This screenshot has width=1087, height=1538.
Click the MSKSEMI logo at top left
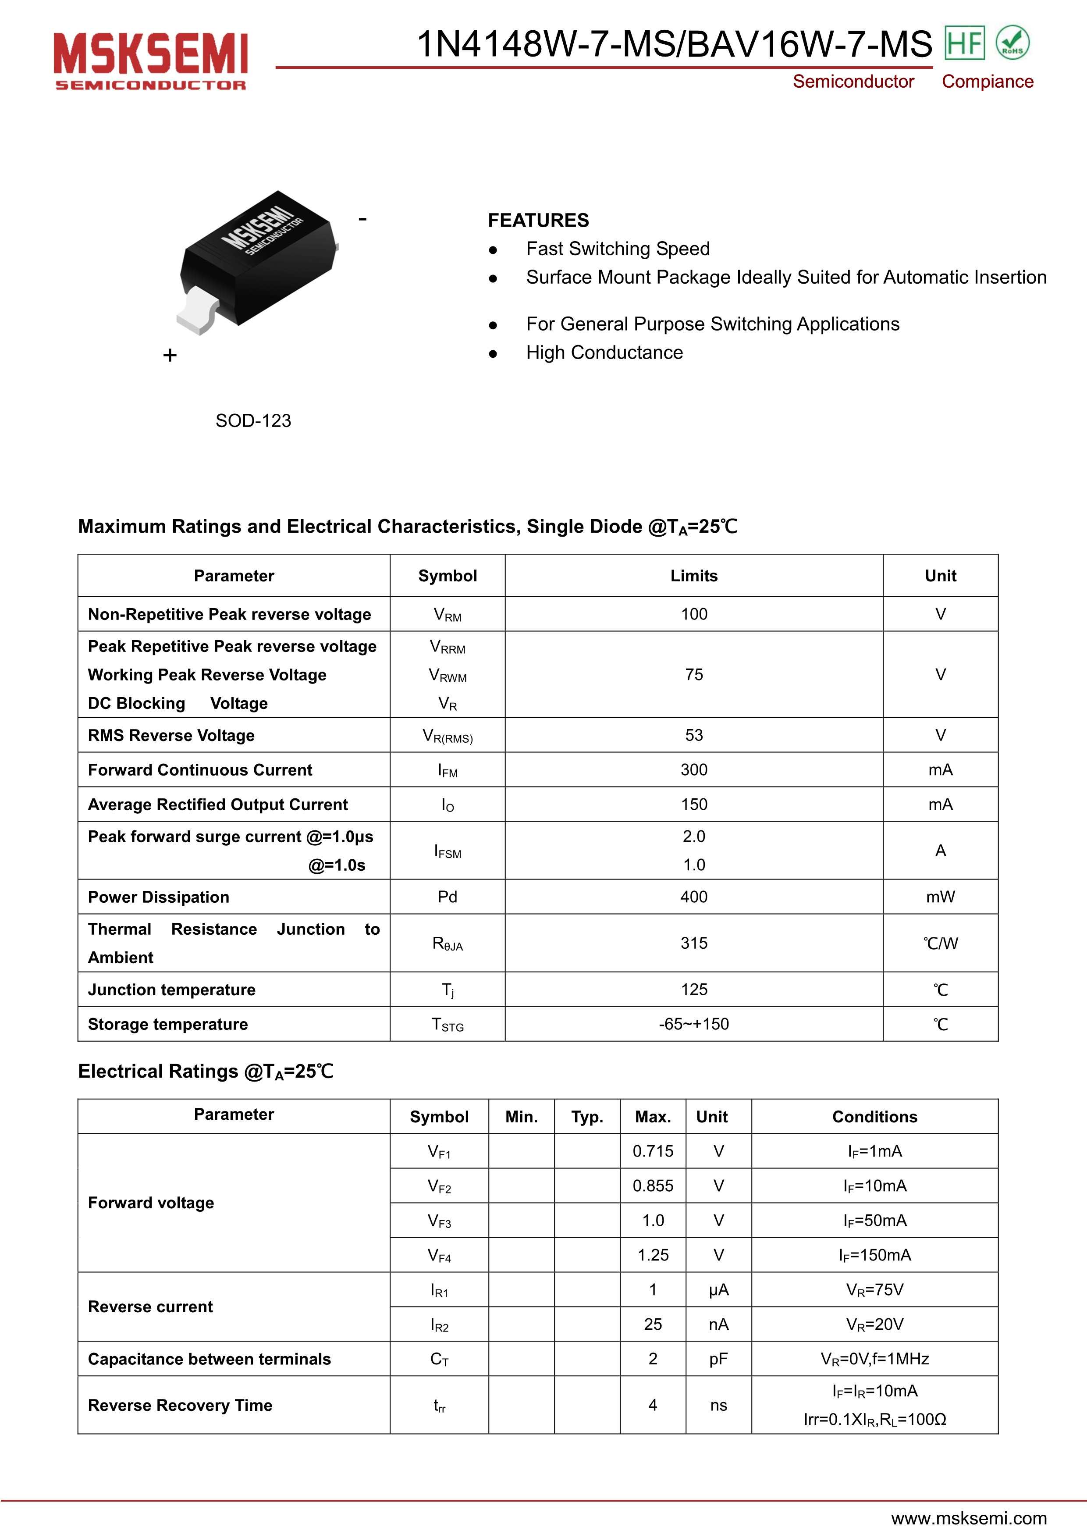pos(151,61)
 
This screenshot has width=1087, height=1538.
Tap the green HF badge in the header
pos(964,43)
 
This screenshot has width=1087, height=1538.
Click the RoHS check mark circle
pos(1012,43)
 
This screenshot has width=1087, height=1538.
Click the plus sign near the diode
pos(170,355)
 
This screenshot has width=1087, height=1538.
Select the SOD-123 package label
pos(253,421)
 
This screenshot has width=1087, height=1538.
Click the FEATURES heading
pos(538,221)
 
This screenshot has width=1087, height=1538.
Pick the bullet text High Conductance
pos(604,352)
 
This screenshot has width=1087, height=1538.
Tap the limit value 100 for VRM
pos(694,614)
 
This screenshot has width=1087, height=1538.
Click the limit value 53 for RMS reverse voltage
pos(694,736)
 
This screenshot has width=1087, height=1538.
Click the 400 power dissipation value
pos(694,897)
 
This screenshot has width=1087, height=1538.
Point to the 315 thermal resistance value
pos(694,943)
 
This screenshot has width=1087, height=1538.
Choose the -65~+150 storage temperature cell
pos(694,1024)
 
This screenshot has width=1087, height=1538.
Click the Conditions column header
pos(875,1117)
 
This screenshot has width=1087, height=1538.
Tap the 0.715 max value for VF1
pos(653,1151)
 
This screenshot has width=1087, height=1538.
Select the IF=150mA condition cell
pos(875,1255)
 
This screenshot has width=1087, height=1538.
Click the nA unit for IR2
pos(719,1324)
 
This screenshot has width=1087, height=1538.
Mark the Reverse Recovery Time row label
pos(180,1405)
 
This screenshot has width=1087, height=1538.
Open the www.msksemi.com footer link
pos(969,1518)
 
